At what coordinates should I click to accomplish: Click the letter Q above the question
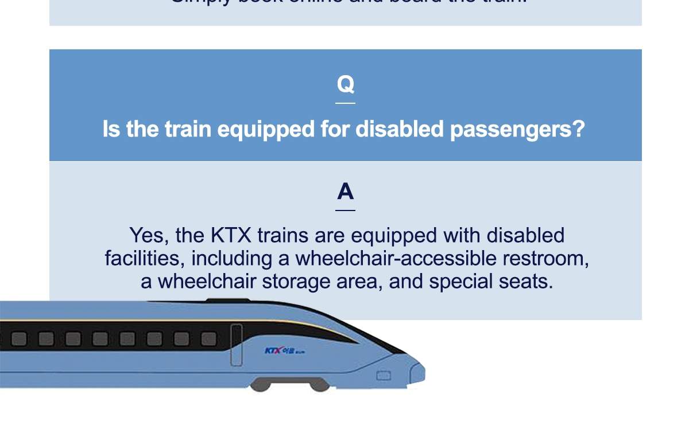click(345, 84)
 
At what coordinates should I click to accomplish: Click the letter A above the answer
click(345, 192)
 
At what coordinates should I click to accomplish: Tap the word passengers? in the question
click(517, 130)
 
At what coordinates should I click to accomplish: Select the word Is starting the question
click(111, 129)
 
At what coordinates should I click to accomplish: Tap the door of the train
click(237, 345)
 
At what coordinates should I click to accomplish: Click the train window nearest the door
click(209, 340)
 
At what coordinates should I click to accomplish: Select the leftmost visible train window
click(19, 339)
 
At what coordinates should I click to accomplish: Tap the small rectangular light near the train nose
click(384, 376)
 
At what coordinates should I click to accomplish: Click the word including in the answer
click(232, 259)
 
